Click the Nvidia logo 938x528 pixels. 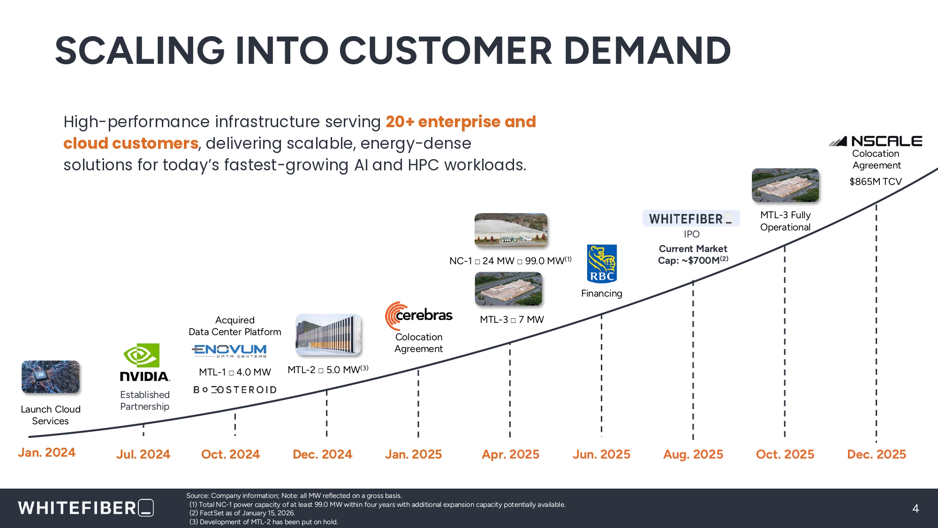(x=144, y=362)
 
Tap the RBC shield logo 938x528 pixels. (x=602, y=264)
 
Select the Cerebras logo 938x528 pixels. (x=419, y=315)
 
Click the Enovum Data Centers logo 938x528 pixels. (x=229, y=351)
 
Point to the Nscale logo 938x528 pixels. (x=875, y=141)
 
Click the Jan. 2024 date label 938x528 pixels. (x=47, y=452)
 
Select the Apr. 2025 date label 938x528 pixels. (x=511, y=454)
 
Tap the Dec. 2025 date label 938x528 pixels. (x=877, y=454)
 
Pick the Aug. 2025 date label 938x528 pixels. (x=693, y=454)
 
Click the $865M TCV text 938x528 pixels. (x=876, y=182)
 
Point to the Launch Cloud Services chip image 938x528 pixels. (x=51, y=376)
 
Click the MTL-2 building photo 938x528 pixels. (x=328, y=335)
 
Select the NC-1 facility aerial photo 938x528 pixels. (x=511, y=230)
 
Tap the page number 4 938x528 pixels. (x=915, y=508)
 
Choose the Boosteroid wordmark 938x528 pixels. (x=235, y=390)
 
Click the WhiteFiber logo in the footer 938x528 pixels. (x=86, y=508)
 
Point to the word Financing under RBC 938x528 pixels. (x=602, y=293)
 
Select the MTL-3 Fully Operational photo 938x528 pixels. (x=785, y=185)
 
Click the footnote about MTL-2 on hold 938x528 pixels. (x=263, y=522)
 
